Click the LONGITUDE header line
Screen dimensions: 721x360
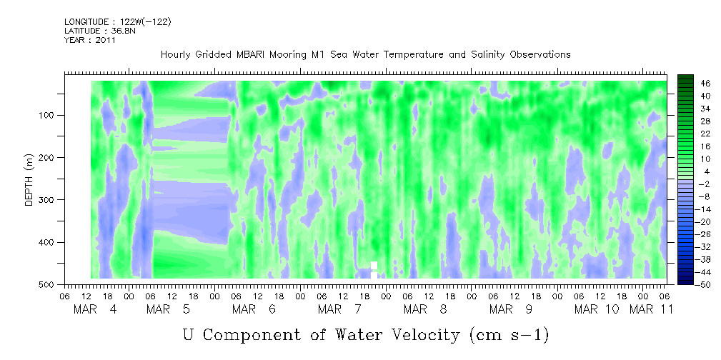click(x=118, y=21)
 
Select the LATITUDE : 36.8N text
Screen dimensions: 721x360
click(x=100, y=31)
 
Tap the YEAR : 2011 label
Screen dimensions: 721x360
click(x=90, y=40)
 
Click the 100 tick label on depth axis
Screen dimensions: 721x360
click(x=49, y=115)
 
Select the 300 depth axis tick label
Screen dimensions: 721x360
click(x=49, y=200)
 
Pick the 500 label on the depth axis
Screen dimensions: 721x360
click(x=49, y=285)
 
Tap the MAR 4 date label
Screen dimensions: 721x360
click(x=96, y=309)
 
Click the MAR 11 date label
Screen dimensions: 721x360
click(x=651, y=309)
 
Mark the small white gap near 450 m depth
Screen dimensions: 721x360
click(x=374, y=269)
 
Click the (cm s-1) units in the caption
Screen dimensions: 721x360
click(x=509, y=335)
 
